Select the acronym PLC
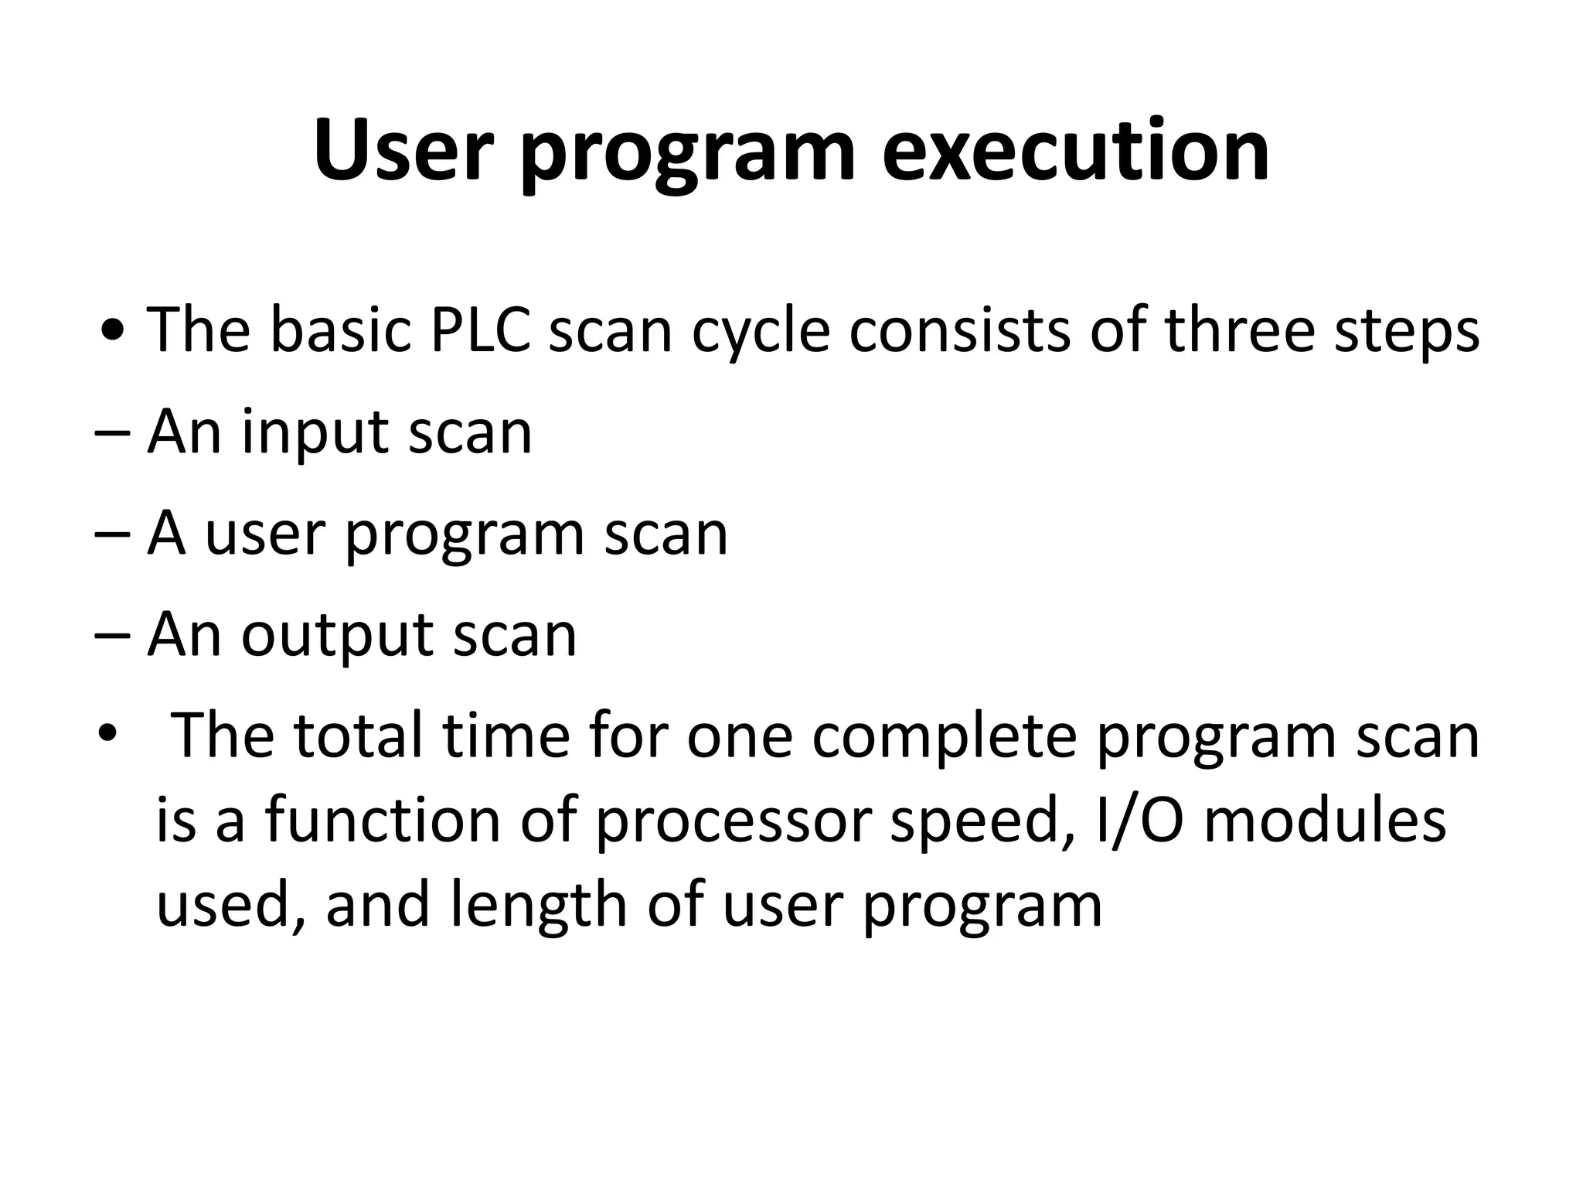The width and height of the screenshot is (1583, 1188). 479,330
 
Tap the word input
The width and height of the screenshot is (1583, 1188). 315,434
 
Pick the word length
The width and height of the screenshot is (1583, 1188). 538,907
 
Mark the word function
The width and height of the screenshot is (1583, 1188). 383,820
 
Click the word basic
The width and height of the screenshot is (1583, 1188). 340,330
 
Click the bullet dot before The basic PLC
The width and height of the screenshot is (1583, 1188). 114,333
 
